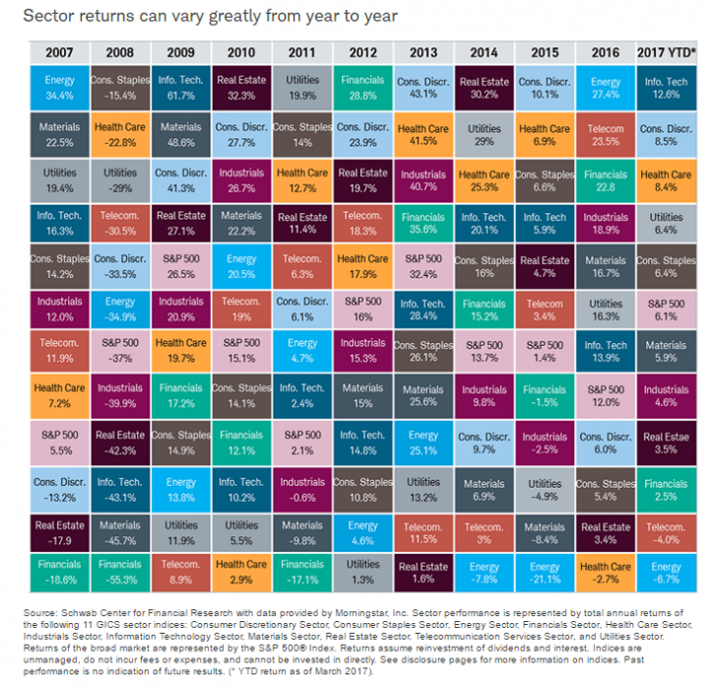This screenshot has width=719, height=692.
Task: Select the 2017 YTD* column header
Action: coord(666,50)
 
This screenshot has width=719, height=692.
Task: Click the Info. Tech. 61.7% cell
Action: coord(181,87)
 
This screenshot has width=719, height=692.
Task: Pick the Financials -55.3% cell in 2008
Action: coord(121,574)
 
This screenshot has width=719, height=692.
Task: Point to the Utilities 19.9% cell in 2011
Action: coord(302,87)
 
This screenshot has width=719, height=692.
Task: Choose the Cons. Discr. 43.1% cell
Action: coord(424,87)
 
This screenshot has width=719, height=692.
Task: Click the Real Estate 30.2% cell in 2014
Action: coord(484,87)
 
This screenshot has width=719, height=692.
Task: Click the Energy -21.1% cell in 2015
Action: coord(545,574)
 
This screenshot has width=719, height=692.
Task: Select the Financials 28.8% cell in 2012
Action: coord(363,87)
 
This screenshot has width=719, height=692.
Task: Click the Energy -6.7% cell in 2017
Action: coord(666,574)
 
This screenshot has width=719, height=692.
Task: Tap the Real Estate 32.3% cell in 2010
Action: coord(242,87)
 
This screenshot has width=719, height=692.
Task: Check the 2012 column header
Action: coord(363,50)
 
